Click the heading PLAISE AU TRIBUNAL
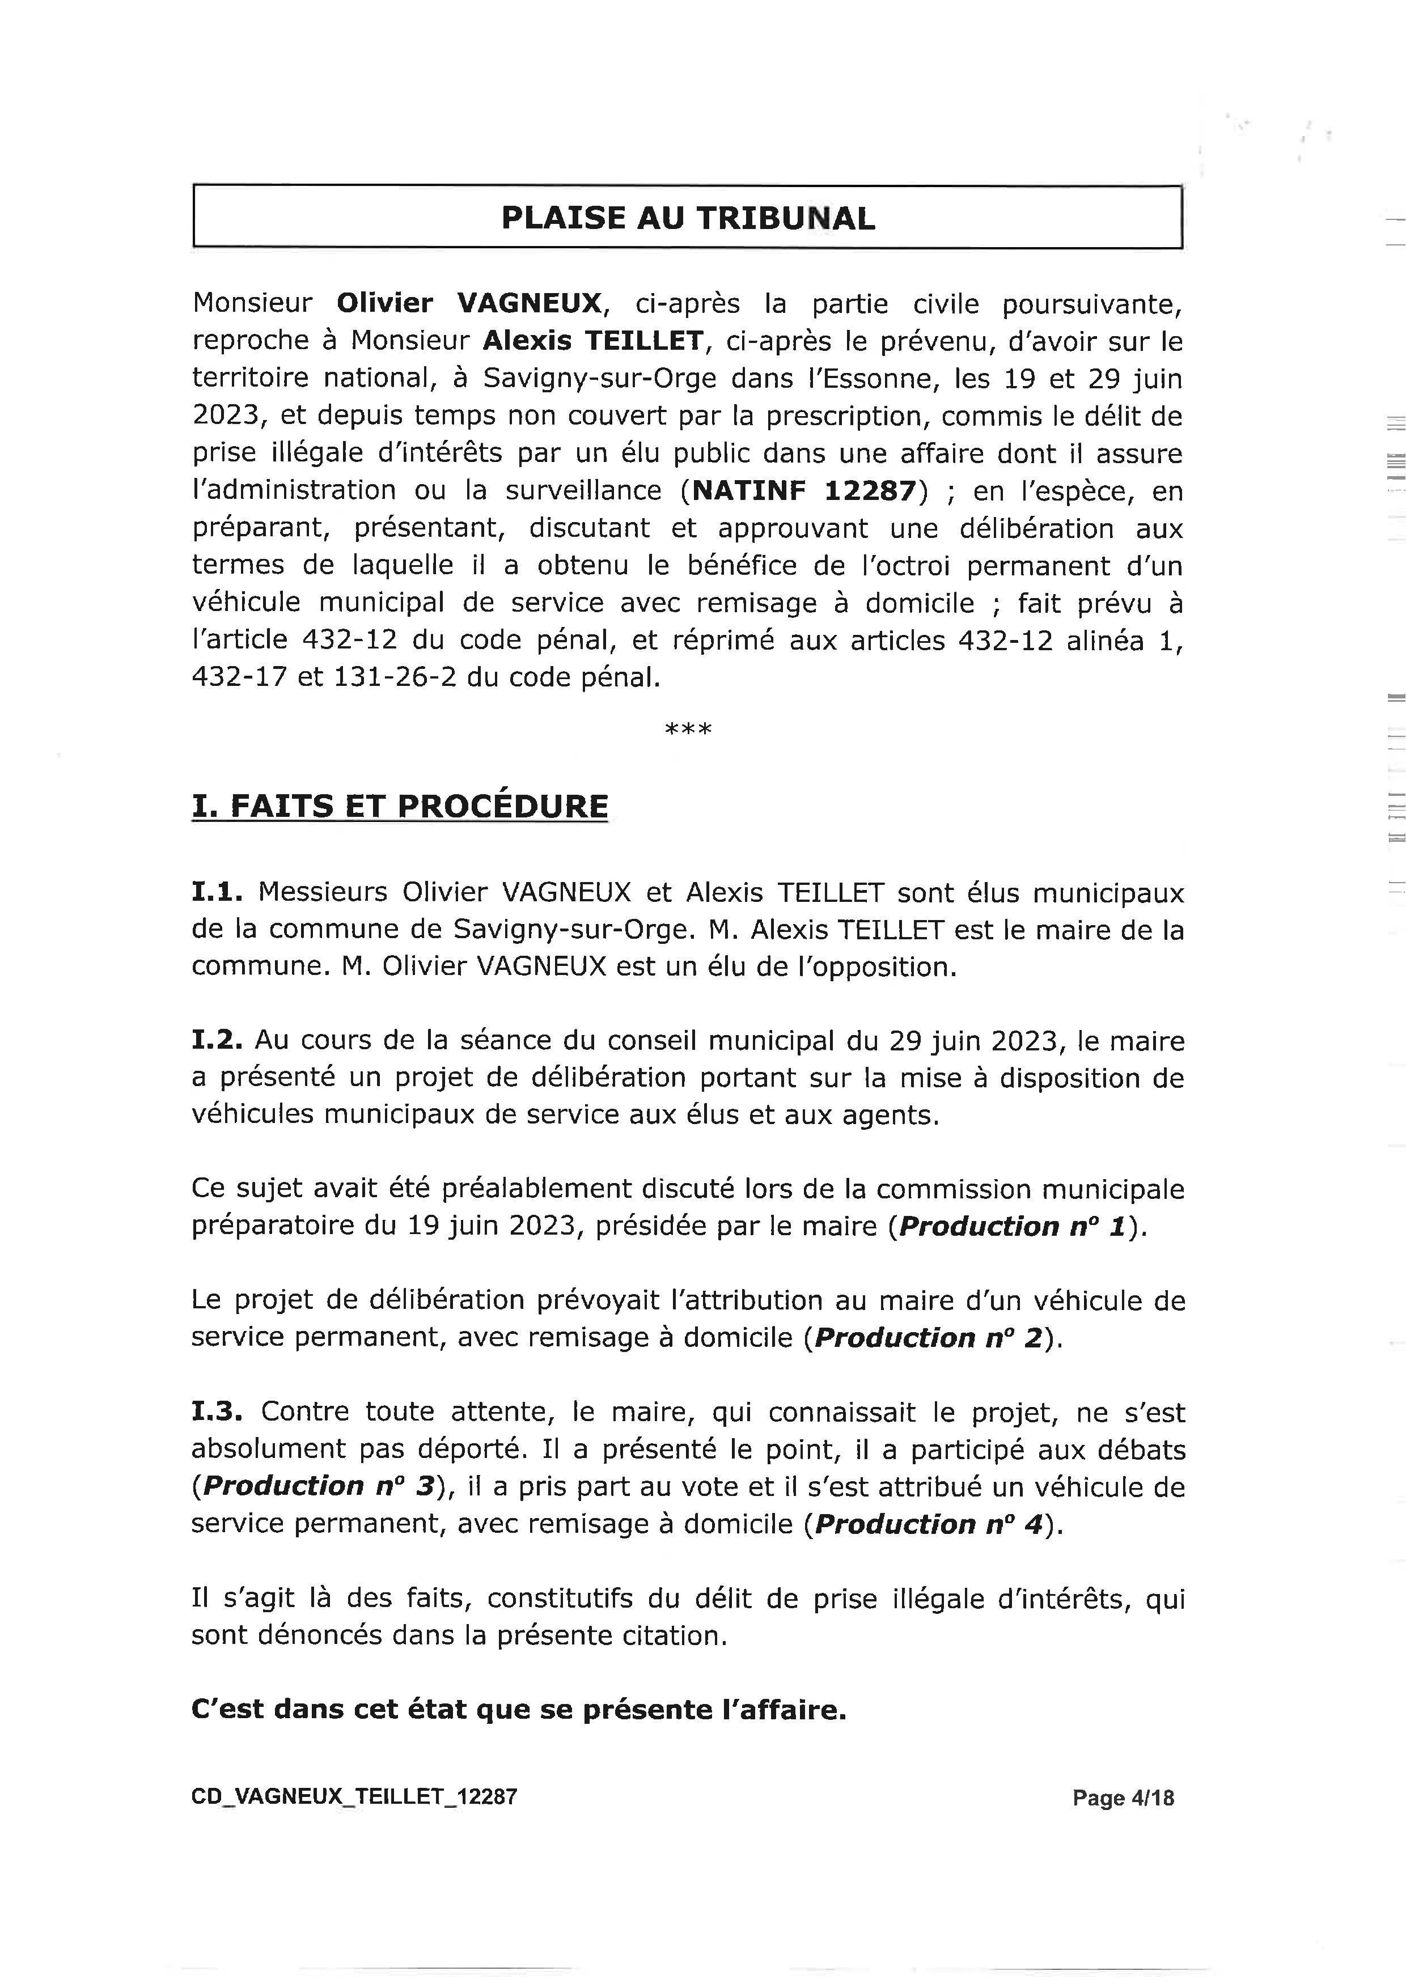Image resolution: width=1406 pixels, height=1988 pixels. pyautogui.click(x=688, y=217)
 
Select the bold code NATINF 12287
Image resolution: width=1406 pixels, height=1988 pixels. pyautogui.click(x=803, y=491)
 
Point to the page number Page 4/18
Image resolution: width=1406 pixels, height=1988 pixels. pyautogui.click(x=1123, y=1798)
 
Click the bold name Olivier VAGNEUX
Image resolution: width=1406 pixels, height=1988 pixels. pyautogui.click(x=468, y=303)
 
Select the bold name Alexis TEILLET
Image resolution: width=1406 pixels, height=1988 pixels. pyautogui.click(x=592, y=341)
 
